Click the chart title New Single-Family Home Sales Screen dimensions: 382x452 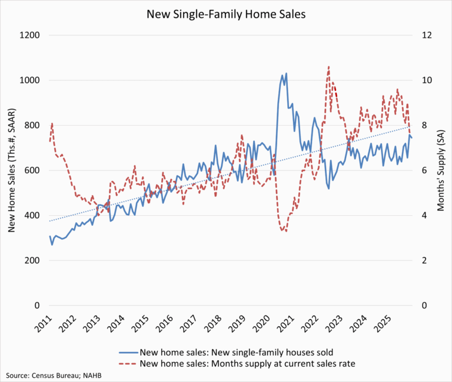226,13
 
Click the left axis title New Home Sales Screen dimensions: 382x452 11,170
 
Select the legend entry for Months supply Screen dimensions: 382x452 247,363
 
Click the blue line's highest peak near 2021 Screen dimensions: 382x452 286,74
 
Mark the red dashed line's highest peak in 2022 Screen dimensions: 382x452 328,67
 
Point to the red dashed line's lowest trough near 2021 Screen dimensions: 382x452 286,231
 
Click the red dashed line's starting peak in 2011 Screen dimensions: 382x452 52,123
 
